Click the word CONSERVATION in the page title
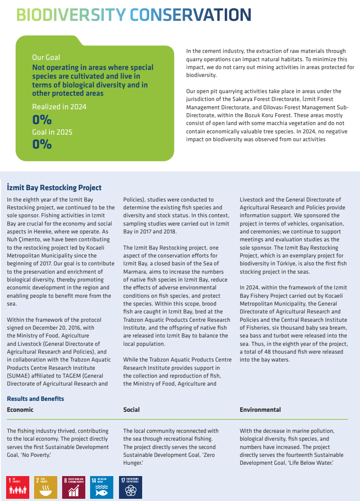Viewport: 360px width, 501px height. pos(190,15)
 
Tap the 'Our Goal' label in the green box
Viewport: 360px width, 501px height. pos(46,57)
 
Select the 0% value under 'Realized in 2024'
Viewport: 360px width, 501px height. pos(42,119)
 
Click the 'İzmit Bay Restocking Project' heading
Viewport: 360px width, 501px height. pos(54,188)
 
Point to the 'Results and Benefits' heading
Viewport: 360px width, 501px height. pos(35,399)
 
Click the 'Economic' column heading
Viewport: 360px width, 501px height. pos(20,410)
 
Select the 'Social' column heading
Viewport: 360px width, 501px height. pos(132,410)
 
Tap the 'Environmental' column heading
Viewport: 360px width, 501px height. pos(260,410)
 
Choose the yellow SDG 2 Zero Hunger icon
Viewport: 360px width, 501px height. pos(46,487)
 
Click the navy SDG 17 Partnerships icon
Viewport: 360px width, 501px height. pos(130,487)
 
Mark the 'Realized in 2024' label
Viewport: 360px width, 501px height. pos(59,107)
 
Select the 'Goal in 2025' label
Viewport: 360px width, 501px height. pos(52,132)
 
